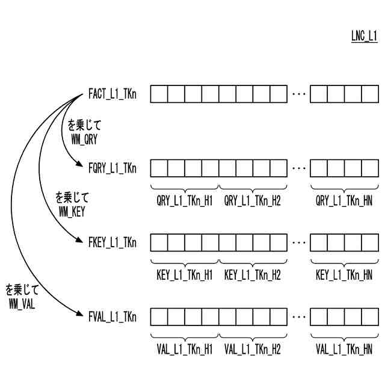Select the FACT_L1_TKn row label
click(x=112, y=94)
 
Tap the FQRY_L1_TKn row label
click(x=112, y=168)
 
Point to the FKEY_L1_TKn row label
click(x=112, y=242)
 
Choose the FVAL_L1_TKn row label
click(x=112, y=316)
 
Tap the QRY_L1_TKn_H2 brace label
click(x=252, y=201)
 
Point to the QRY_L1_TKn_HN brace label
click(x=343, y=201)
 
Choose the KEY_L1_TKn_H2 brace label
click(x=252, y=275)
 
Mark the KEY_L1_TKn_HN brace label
click(x=343, y=275)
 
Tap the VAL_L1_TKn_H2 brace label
click(x=252, y=349)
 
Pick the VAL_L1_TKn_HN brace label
click(x=343, y=349)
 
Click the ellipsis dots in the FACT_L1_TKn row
click(x=298, y=94)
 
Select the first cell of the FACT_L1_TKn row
click(x=159, y=94)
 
